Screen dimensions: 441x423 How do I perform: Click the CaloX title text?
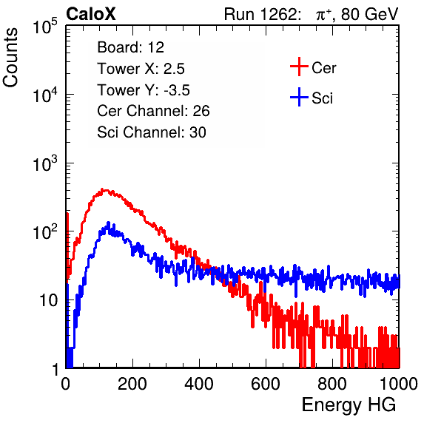(x=90, y=14)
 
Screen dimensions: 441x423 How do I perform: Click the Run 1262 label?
(x=260, y=14)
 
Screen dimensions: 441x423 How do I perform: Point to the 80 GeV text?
(x=369, y=14)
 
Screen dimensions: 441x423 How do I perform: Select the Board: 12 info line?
(x=130, y=47)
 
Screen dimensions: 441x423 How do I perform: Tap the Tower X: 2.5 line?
(x=141, y=69)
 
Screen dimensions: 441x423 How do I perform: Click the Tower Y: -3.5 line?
(x=144, y=90)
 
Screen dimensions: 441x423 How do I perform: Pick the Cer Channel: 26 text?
(x=153, y=111)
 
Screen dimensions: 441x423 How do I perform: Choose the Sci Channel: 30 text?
(x=152, y=132)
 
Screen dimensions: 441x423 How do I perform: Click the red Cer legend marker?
(x=299, y=67)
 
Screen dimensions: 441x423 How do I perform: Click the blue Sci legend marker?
(x=299, y=97)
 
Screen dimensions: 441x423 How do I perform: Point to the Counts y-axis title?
(x=10, y=58)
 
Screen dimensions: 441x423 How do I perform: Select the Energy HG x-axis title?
(x=349, y=405)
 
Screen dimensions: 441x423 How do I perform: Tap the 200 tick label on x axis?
(x=132, y=384)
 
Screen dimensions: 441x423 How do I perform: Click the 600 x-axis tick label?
(x=266, y=384)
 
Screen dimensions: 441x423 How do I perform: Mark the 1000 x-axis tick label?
(x=399, y=384)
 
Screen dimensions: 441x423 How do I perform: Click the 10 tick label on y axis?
(x=49, y=300)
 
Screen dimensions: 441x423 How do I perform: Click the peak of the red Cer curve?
(x=102, y=190)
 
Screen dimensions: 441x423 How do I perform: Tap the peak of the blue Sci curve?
(x=109, y=223)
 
